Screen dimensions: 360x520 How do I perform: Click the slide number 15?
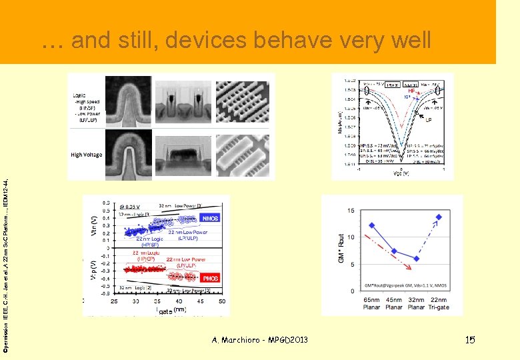point(469,340)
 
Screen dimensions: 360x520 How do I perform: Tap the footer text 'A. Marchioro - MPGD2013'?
point(259,340)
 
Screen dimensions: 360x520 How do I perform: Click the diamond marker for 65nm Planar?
point(371,225)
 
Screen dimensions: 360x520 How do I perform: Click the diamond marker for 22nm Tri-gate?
point(439,217)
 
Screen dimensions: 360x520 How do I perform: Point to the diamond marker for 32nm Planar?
point(416,259)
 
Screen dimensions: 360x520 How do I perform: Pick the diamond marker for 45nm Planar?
point(394,251)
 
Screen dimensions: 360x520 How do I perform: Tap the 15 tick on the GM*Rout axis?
point(350,211)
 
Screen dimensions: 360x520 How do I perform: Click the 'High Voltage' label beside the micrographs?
point(87,155)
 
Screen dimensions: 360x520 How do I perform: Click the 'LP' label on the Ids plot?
point(428,121)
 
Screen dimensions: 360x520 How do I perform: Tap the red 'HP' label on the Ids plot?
point(411,91)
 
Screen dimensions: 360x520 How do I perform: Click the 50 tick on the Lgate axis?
point(221,301)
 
